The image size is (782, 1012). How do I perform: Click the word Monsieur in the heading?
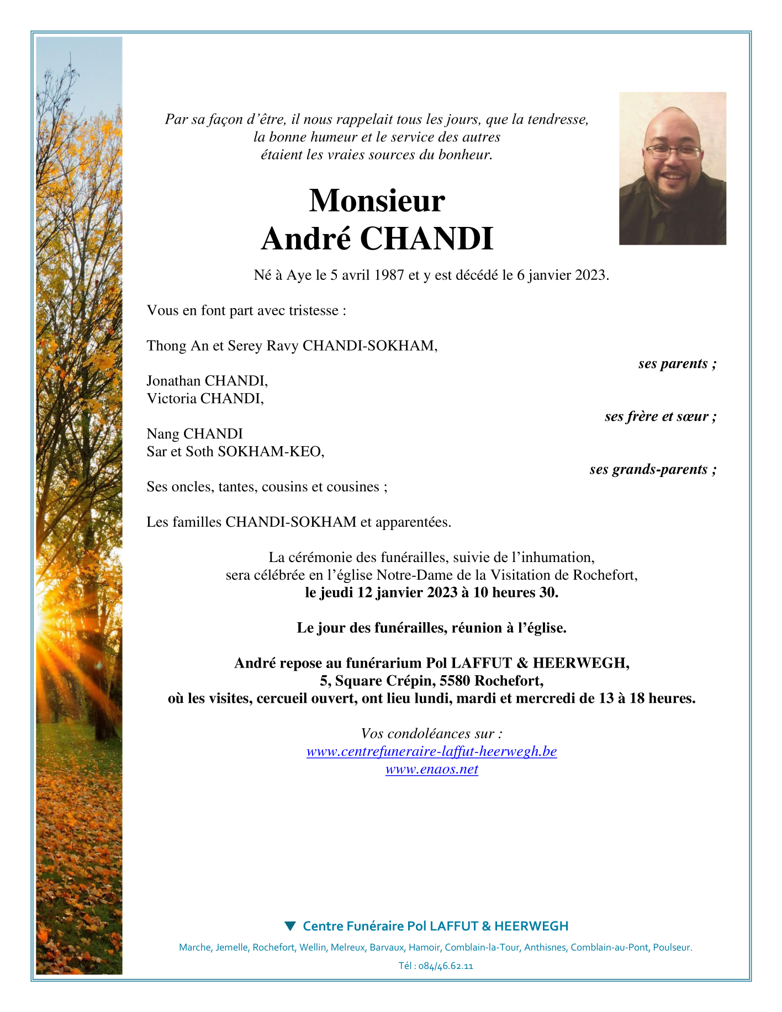(377, 200)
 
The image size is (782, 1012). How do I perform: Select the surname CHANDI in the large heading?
(426, 239)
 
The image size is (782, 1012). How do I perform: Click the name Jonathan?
(174, 381)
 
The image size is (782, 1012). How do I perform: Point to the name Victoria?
(172, 399)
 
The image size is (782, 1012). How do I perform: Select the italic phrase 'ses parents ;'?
(677, 363)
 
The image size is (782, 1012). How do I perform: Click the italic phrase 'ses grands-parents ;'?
(653, 469)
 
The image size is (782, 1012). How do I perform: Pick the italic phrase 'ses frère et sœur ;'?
(661, 416)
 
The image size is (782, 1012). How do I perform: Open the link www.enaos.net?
(432, 769)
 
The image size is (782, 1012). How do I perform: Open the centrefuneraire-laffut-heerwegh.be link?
(432, 751)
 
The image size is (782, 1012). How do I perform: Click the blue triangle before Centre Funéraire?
(290, 925)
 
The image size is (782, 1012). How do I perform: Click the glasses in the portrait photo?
(673, 152)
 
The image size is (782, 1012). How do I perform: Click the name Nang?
(163, 434)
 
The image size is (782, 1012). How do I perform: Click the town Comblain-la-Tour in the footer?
(482, 947)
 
